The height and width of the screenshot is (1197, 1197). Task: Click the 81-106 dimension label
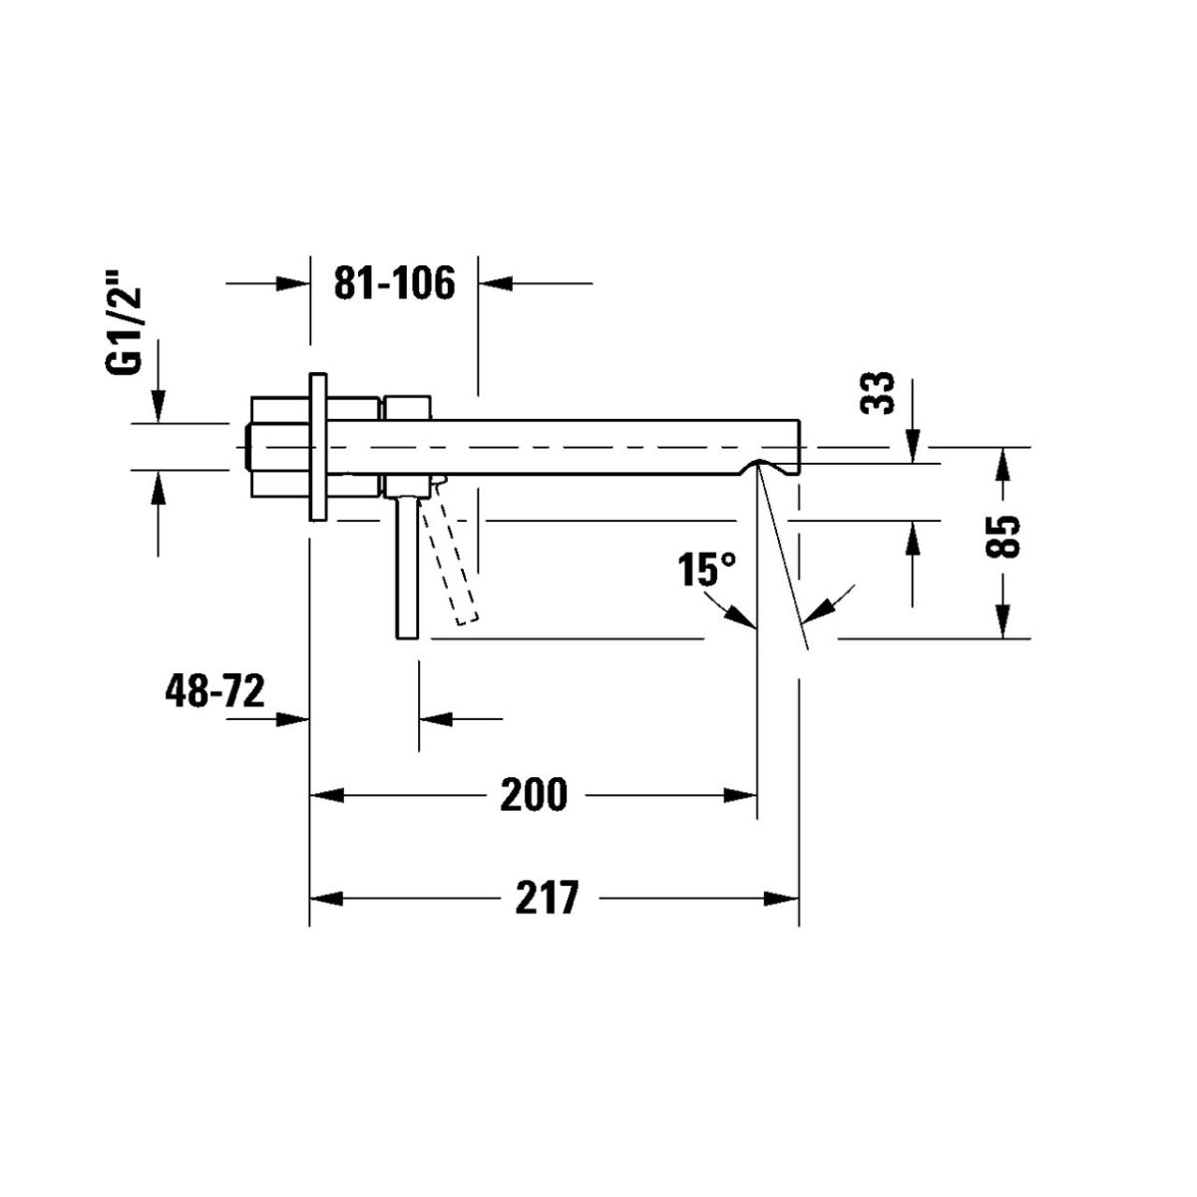pos(394,283)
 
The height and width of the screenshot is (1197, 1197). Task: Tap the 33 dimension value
pos(877,393)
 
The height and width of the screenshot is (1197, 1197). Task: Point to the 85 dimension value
pos(1002,537)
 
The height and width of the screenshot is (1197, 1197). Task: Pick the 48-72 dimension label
pos(214,690)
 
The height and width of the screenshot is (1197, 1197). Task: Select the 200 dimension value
pos(534,794)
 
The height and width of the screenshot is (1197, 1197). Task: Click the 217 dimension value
pos(547,898)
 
